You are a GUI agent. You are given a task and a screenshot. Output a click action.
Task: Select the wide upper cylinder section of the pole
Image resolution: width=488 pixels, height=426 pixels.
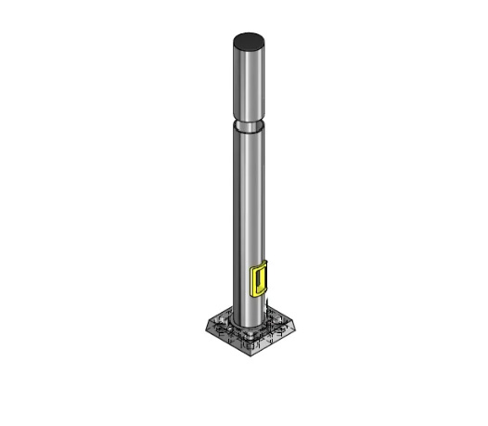click(248, 84)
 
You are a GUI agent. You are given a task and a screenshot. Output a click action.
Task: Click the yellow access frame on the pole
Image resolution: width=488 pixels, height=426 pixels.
click(261, 279)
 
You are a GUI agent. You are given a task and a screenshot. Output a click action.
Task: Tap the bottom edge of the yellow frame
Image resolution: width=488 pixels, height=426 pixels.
click(260, 294)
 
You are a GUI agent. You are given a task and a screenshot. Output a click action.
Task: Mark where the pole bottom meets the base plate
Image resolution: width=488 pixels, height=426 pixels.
click(248, 327)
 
